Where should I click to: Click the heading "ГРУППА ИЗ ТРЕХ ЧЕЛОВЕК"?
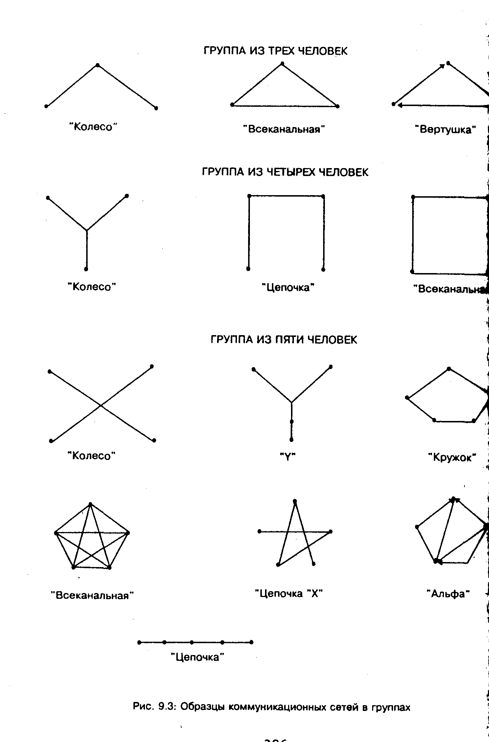[276, 51]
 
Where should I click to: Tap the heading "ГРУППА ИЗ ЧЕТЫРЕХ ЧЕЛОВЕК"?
[285, 172]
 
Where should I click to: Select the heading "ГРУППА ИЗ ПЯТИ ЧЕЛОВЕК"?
[284, 340]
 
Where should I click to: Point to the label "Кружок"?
[452, 457]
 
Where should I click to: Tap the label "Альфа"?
[448, 594]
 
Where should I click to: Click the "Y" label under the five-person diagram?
[288, 457]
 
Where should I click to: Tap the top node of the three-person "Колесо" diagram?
[97, 65]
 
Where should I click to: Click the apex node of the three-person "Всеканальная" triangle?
[282, 64]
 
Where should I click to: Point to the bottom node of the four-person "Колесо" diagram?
[86, 269]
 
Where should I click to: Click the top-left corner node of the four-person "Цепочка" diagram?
[249, 196]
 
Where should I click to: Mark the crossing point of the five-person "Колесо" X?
[101, 405]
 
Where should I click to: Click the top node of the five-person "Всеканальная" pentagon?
[90, 504]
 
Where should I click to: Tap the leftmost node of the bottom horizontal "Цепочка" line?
[139, 642]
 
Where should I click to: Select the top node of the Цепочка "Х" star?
[295, 501]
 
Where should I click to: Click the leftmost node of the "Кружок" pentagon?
[407, 398]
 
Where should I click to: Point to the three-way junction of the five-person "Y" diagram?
[291, 402]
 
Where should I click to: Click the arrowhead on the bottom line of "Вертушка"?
[400, 105]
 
